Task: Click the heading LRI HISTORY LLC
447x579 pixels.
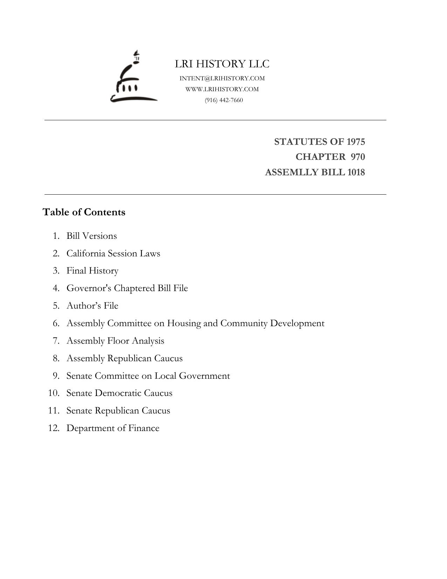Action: (222, 64)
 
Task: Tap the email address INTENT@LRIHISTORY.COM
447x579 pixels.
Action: (222, 78)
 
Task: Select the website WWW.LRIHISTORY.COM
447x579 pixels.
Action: (222, 89)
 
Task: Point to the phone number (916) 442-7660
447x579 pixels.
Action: (224, 100)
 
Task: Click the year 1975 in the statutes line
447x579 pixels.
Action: (356, 142)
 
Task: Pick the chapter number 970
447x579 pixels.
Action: (358, 157)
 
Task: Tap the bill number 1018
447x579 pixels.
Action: (356, 172)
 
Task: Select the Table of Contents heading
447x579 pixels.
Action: (84, 212)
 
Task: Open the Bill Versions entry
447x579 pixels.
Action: (91, 236)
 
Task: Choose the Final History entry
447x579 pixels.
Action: (92, 271)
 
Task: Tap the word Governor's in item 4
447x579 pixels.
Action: (89, 288)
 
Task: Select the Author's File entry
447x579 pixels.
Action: (92, 306)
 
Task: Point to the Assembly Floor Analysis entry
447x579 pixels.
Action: (115, 341)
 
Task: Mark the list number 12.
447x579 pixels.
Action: (54, 428)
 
